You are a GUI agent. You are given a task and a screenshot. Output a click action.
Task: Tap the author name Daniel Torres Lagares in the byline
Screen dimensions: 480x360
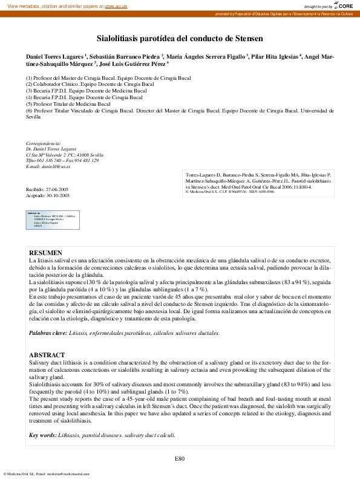point(54,55)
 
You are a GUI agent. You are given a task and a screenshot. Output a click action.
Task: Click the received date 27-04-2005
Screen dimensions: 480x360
point(57,189)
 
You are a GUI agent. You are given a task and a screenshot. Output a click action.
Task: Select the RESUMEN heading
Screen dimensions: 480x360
point(45,252)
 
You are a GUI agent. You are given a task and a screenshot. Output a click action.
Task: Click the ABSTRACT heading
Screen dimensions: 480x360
point(46,355)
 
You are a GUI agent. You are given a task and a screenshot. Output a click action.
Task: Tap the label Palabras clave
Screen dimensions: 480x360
point(48,333)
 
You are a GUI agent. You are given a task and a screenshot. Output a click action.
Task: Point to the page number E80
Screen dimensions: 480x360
point(180,459)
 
